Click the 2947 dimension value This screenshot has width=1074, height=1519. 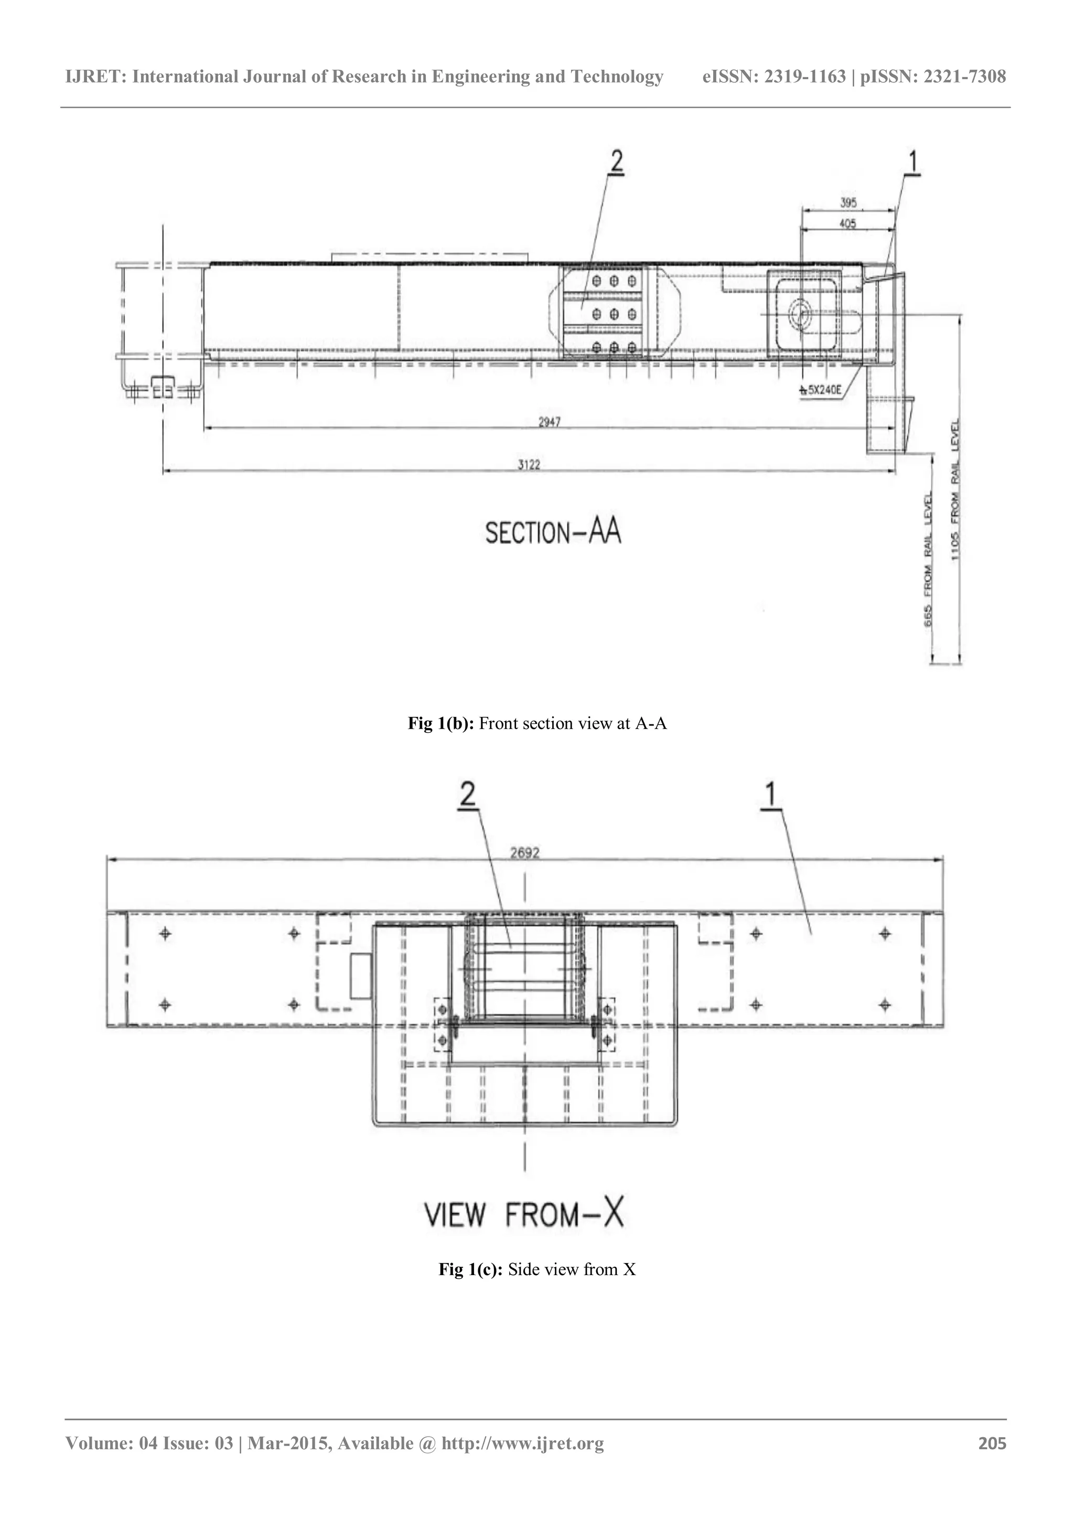549,422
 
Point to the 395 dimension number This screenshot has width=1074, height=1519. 848,202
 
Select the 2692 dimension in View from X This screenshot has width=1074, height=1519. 524,853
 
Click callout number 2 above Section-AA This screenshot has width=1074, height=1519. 616,161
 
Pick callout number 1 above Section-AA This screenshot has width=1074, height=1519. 912,161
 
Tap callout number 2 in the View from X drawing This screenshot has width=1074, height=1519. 468,795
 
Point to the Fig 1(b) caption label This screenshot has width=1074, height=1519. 441,724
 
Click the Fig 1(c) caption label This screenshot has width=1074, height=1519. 471,1269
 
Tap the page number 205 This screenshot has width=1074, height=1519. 992,1443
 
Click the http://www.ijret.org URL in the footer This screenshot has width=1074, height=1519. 522,1443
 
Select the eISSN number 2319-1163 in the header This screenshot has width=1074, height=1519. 805,77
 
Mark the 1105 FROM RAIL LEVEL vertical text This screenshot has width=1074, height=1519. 955,489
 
